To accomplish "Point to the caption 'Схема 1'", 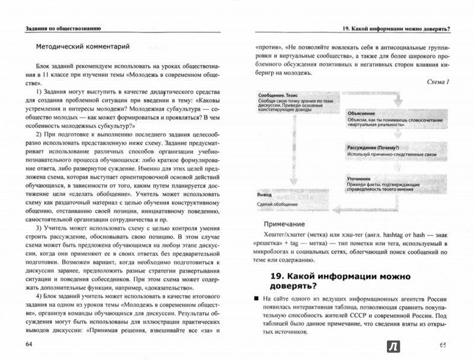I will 437,81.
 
